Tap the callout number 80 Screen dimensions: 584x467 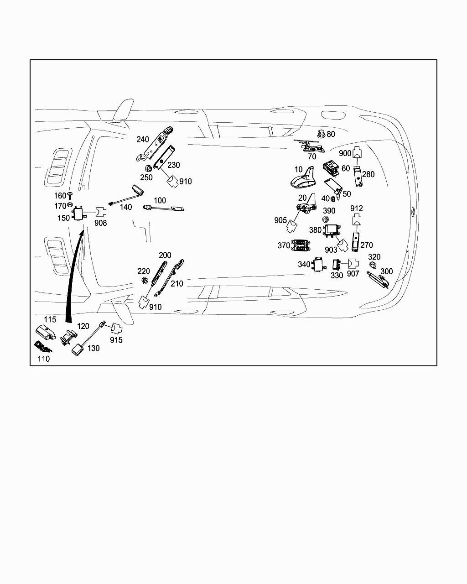point(331,134)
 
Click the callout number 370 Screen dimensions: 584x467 point(284,245)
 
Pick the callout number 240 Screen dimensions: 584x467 point(143,140)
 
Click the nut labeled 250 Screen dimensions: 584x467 point(148,168)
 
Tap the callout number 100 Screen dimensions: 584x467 point(160,200)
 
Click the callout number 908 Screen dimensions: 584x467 point(100,223)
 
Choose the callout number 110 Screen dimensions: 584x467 point(43,359)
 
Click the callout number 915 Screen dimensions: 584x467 point(116,340)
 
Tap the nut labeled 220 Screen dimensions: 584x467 point(145,280)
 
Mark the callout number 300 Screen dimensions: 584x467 point(386,271)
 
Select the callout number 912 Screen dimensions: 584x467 point(357,209)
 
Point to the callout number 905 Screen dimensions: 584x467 point(280,220)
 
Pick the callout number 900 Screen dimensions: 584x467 point(345,154)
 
